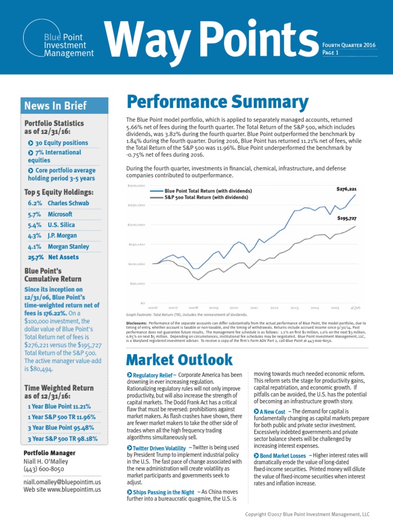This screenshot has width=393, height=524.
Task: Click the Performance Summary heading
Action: (217, 101)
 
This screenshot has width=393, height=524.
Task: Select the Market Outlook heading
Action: (179, 359)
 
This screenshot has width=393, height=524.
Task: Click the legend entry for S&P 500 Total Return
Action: (207, 196)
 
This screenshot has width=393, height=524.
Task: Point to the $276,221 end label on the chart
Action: (346, 189)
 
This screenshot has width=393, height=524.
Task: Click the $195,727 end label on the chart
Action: (347, 218)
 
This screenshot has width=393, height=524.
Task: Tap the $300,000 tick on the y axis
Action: (136, 186)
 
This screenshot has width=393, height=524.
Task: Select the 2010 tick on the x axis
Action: (234, 308)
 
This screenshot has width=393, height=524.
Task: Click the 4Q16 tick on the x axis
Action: (355, 308)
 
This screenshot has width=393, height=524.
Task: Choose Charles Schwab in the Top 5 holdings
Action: (68, 203)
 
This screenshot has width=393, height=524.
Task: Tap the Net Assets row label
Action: (63, 257)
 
